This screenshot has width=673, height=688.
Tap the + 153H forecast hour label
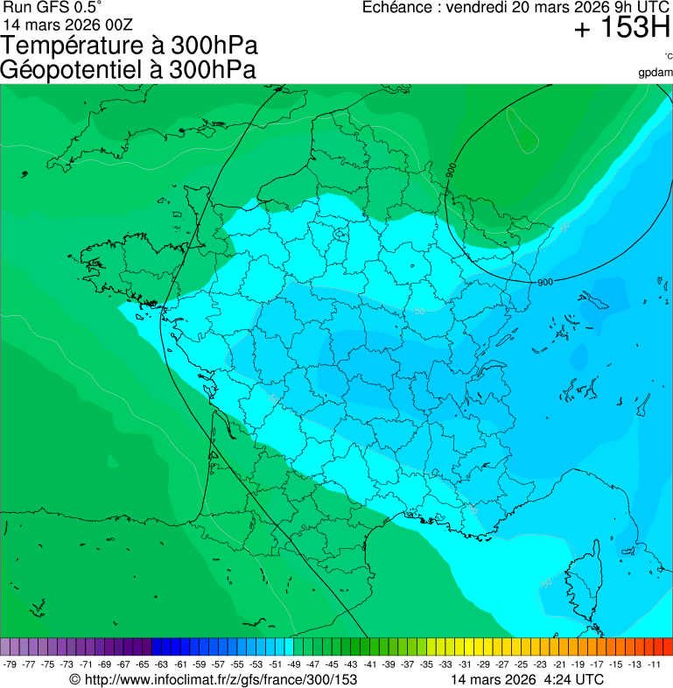tap(622, 29)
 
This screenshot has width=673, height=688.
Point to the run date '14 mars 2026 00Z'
tap(68, 24)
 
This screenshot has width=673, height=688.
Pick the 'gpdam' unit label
tap(656, 72)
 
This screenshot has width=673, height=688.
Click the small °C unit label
tap(668, 56)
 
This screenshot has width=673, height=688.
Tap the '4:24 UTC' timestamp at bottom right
tap(574, 679)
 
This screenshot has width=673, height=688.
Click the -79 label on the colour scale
tap(11, 664)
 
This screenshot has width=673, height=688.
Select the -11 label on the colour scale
tap(654, 664)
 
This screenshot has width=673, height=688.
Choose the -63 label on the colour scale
tap(162, 664)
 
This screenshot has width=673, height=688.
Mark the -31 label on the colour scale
tap(465, 664)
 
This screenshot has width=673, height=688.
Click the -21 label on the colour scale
tap(559, 664)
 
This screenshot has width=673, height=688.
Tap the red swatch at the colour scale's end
tap(667, 647)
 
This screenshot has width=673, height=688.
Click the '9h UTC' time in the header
tap(620, 8)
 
